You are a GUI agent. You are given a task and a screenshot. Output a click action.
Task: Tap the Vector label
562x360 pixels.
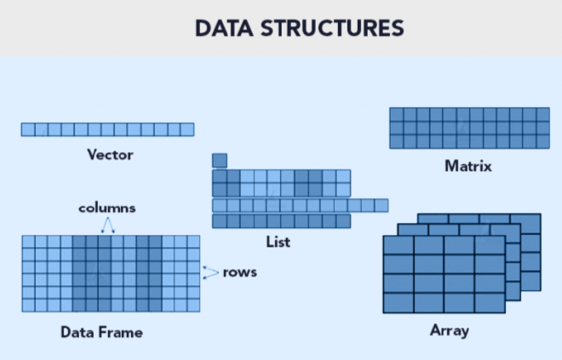110,155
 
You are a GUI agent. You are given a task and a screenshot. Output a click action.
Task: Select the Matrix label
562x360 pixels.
468,166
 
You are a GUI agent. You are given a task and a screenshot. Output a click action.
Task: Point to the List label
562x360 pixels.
278,243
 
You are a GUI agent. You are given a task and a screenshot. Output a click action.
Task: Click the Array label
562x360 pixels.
449,329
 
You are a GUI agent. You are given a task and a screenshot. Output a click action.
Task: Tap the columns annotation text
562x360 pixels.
107,208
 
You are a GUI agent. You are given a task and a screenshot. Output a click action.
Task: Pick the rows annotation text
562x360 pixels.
240,273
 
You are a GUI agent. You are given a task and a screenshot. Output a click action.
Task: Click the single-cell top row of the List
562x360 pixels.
220,160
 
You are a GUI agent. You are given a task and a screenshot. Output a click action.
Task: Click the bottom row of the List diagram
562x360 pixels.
281,221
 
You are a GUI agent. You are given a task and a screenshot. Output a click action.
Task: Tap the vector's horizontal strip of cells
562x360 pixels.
107,129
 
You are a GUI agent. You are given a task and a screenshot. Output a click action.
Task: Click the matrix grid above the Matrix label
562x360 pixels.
469,128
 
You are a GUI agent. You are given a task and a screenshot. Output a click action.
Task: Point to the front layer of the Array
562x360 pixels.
429,274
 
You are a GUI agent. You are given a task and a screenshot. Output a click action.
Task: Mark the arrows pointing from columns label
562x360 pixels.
108,225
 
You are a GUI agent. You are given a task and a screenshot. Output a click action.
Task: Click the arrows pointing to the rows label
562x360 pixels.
210,272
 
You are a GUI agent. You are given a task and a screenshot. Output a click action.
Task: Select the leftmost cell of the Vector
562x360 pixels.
28,129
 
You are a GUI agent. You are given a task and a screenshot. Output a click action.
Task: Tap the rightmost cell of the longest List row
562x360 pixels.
381,205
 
